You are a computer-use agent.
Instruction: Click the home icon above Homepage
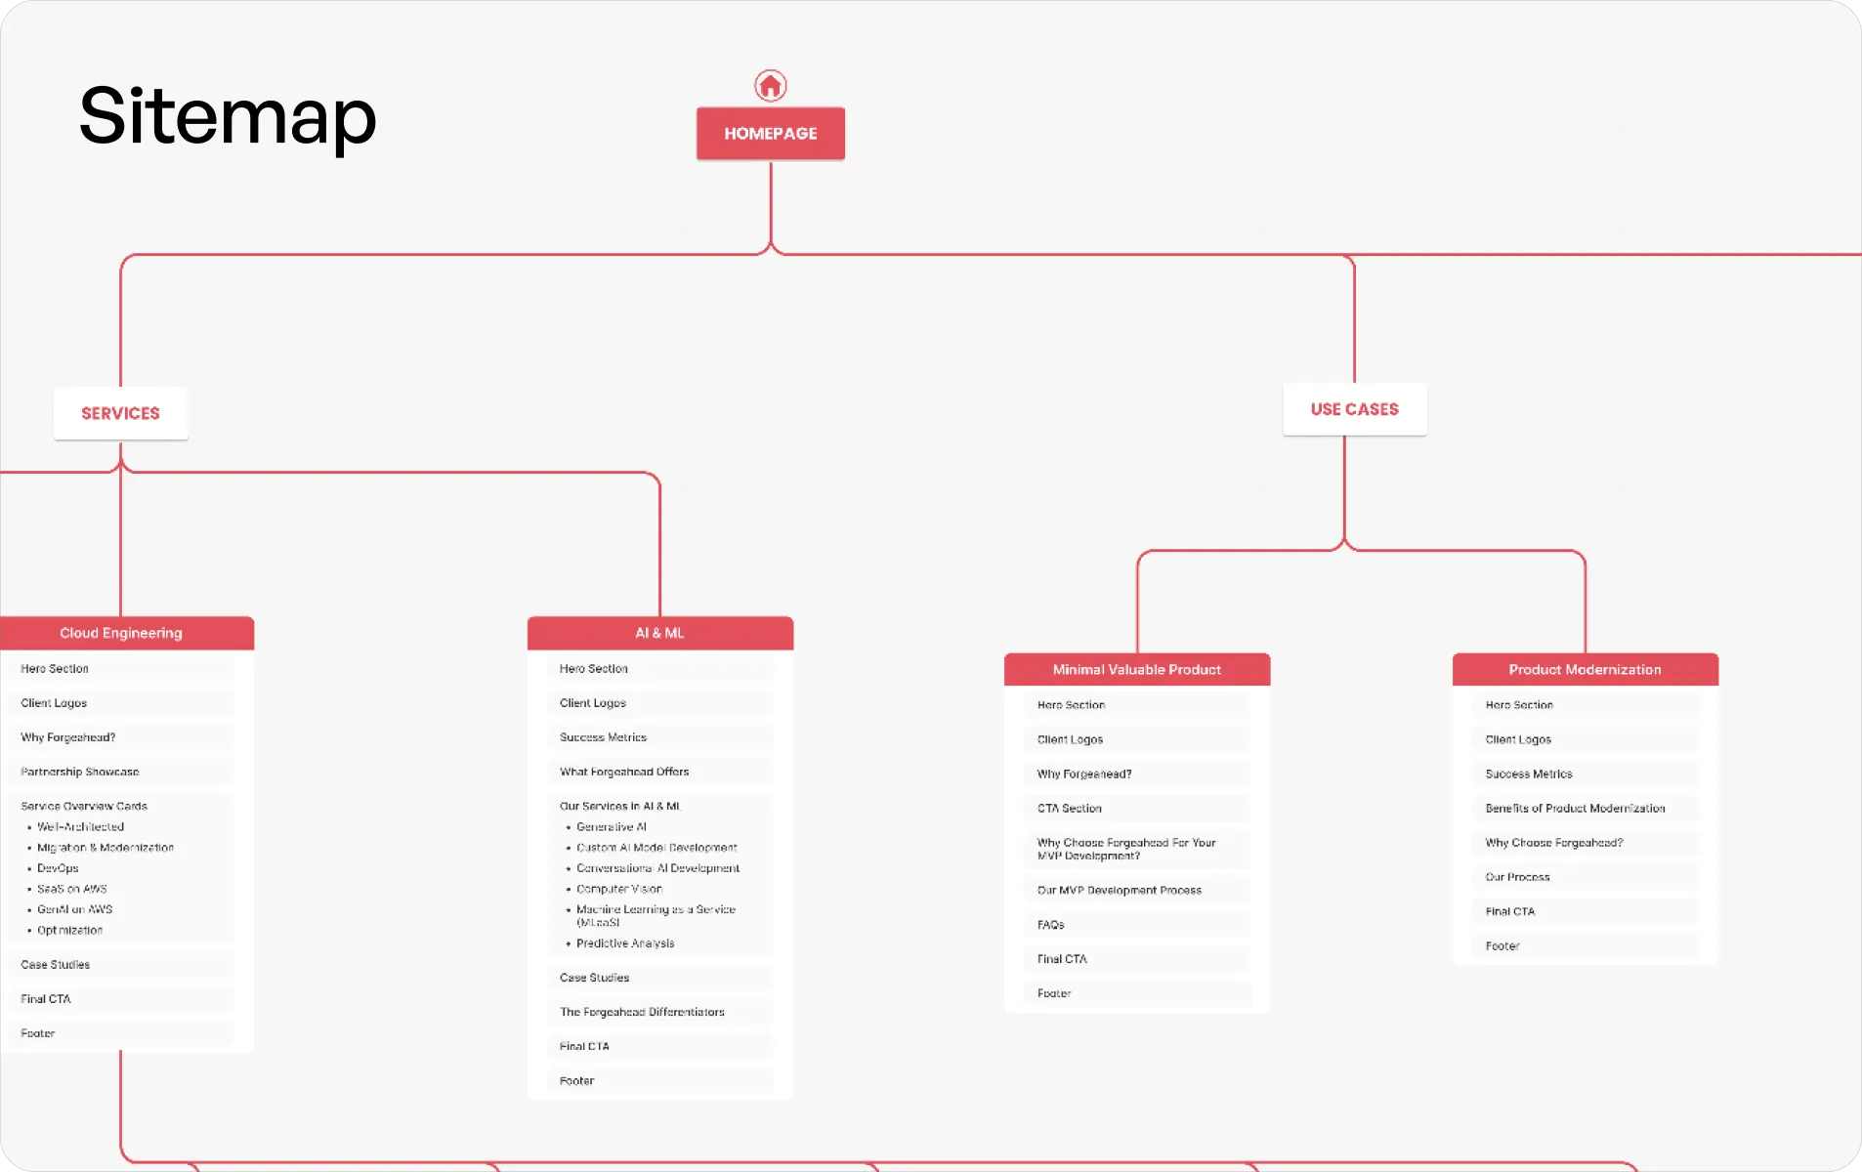[x=770, y=86]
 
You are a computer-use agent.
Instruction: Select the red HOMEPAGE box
[x=770, y=134]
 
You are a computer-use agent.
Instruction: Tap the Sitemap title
[x=228, y=116]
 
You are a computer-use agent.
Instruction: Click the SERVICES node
[x=120, y=414]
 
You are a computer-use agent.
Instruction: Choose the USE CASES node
[x=1354, y=409]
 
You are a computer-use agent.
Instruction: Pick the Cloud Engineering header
[x=121, y=633]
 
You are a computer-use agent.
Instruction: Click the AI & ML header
[x=659, y=633]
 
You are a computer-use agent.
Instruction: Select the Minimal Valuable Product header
[x=1136, y=670]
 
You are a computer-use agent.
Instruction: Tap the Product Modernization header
[x=1585, y=670]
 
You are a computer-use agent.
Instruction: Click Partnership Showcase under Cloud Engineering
[x=80, y=772]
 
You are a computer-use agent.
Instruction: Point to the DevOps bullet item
[x=58, y=868]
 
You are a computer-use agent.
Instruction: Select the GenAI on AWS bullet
[x=74, y=909]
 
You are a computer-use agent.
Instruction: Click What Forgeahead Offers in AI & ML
[x=624, y=772]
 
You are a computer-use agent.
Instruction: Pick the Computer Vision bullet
[x=619, y=889]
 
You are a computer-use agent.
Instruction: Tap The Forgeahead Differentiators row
[x=642, y=1012]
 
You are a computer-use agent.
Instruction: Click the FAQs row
[x=1051, y=925]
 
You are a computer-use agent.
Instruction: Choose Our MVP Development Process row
[x=1120, y=891]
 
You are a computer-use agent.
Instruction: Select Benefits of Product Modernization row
[x=1575, y=809]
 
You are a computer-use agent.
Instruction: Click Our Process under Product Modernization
[x=1517, y=877]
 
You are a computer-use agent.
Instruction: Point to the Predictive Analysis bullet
[x=625, y=943]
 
